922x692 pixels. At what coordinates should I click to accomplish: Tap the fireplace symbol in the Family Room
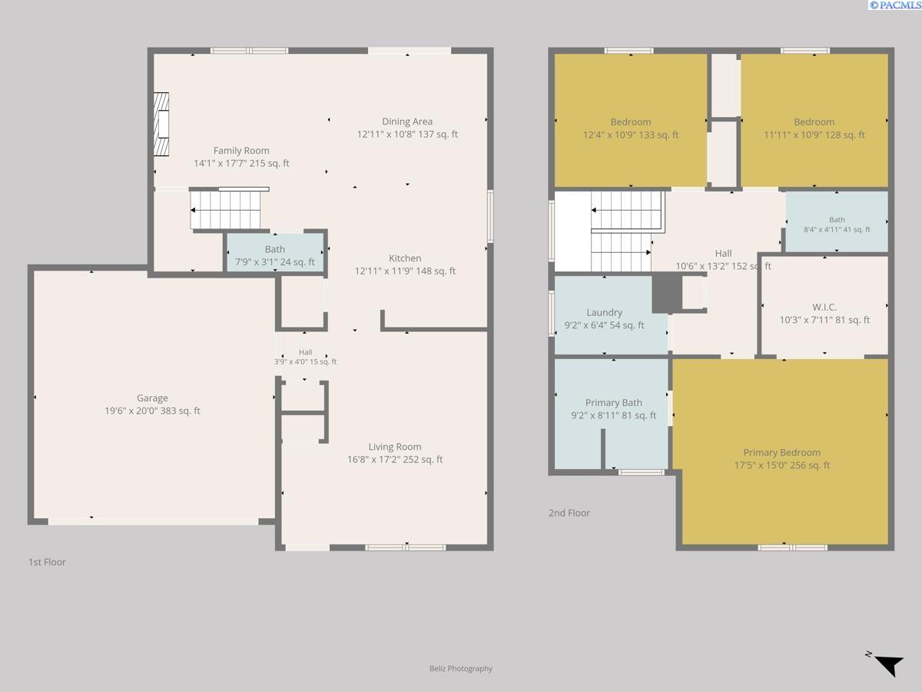click(x=161, y=125)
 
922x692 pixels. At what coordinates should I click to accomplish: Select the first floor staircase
click(x=226, y=210)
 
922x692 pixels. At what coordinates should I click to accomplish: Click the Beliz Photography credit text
click(x=461, y=668)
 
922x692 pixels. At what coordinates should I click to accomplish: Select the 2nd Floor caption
click(x=569, y=513)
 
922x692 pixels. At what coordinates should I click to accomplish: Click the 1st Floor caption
click(x=47, y=562)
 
